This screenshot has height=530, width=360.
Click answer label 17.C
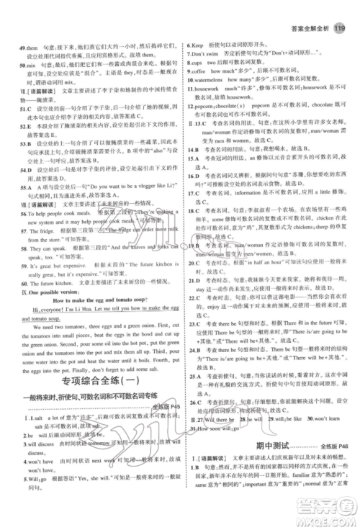(x=193, y=194)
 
